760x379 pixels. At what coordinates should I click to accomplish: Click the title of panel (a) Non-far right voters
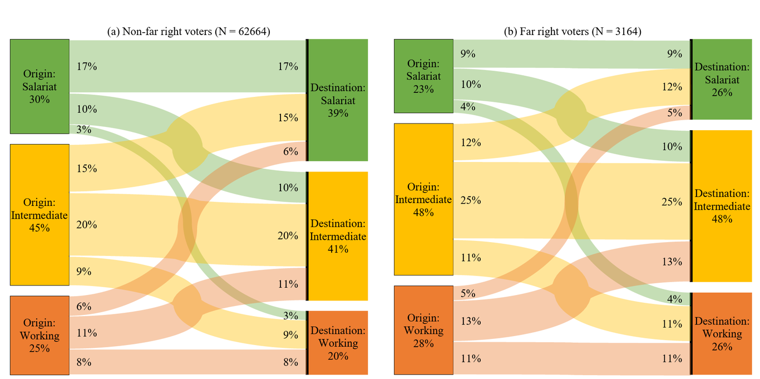(188, 32)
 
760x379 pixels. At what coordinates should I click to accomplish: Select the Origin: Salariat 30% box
(40, 86)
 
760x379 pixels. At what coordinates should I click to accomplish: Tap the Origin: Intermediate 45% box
(40, 215)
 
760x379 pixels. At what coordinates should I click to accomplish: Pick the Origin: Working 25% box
(40, 335)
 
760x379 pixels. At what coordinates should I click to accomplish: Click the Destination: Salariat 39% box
(338, 100)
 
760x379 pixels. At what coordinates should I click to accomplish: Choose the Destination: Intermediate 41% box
(338, 236)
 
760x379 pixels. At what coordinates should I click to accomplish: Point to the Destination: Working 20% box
(338, 343)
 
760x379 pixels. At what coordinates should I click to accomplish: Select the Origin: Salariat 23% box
(423, 76)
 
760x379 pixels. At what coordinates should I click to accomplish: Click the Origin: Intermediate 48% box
(423, 199)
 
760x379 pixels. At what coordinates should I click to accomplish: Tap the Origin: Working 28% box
(423, 330)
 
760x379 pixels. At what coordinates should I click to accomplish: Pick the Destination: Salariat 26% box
(720, 79)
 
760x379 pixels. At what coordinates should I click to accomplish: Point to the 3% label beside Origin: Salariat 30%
(83, 130)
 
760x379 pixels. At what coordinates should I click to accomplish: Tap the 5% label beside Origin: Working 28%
(468, 293)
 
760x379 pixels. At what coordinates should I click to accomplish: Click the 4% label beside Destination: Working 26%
(674, 299)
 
